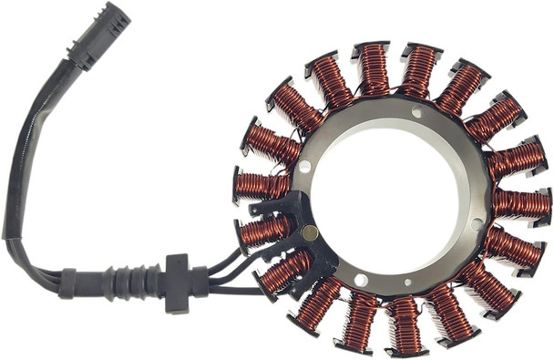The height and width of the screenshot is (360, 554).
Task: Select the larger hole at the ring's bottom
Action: (x=361, y=280)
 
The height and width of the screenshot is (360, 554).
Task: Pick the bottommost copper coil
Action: (x=403, y=324)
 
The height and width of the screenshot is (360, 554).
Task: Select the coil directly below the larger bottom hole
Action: (x=361, y=318)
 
